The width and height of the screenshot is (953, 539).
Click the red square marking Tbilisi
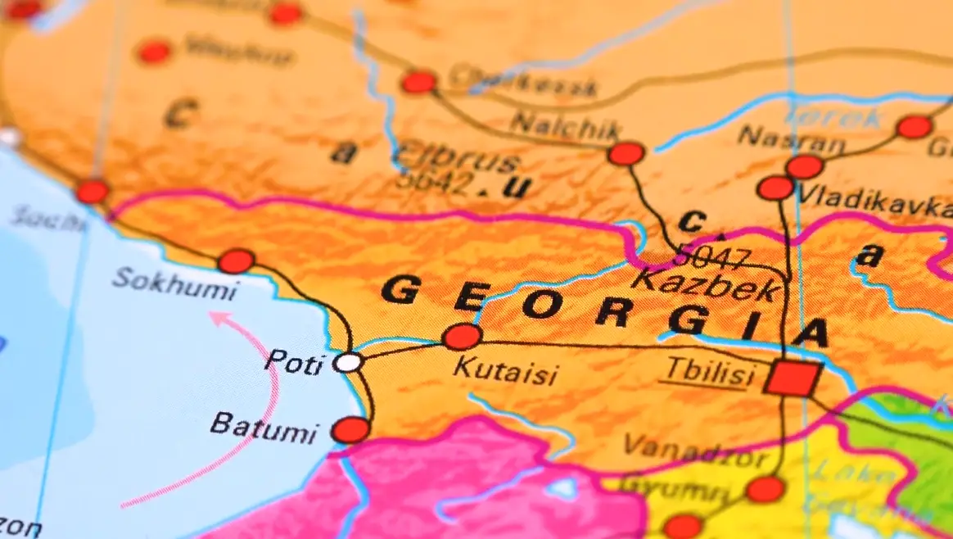point(792,378)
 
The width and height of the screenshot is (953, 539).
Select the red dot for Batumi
point(350,430)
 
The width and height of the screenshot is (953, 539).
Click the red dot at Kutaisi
point(462,337)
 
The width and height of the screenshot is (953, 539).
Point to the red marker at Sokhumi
point(236,261)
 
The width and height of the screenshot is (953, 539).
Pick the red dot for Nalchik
point(626,153)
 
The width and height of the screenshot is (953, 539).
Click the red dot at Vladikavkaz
point(775,188)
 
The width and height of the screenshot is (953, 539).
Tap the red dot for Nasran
point(804,167)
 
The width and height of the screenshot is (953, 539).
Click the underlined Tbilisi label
point(708,373)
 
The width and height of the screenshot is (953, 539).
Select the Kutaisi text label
point(504,372)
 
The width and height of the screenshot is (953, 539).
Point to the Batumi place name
point(262,427)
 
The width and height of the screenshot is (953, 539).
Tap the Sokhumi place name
point(174,283)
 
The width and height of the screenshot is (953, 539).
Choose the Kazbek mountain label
point(706,286)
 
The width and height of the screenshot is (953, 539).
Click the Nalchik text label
point(566,127)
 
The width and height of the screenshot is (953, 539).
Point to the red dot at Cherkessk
point(418,82)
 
